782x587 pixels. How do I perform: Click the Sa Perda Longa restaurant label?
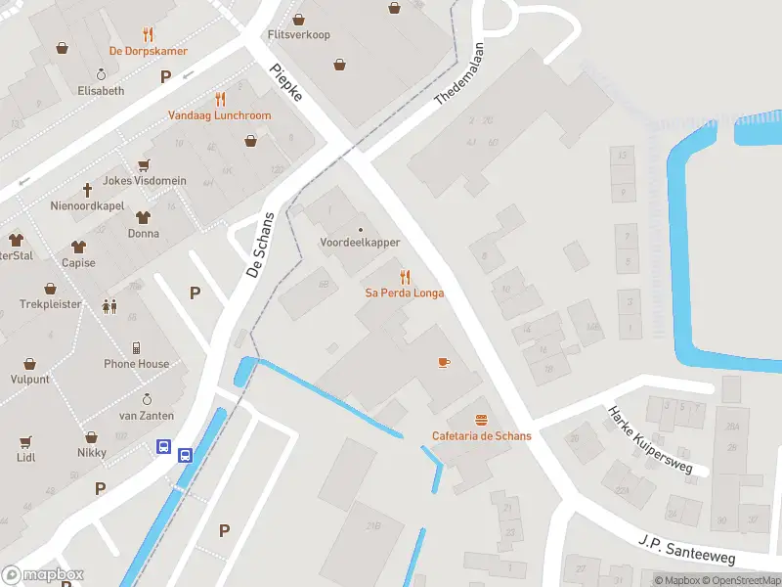(405, 293)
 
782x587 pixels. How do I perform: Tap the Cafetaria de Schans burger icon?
(481, 419)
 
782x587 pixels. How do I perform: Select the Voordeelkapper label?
(360, 243)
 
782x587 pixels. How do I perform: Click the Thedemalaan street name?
(465, 74)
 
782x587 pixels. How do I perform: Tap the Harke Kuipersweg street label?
(649, 440)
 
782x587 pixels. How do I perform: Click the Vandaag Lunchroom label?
(220, 115)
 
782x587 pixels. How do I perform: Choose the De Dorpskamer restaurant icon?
(149, 35)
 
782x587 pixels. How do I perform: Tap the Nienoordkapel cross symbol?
(87, 190)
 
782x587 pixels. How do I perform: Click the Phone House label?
(137, 364)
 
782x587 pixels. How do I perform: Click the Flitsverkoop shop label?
(299, 35)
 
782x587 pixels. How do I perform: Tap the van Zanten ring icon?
(147, 399)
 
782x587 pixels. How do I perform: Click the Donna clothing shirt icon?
(143, 217)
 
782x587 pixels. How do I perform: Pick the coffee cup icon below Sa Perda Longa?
(444, 362)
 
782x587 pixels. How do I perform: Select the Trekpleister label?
(50, 304)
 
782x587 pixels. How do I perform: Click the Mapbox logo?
(42, 575)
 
